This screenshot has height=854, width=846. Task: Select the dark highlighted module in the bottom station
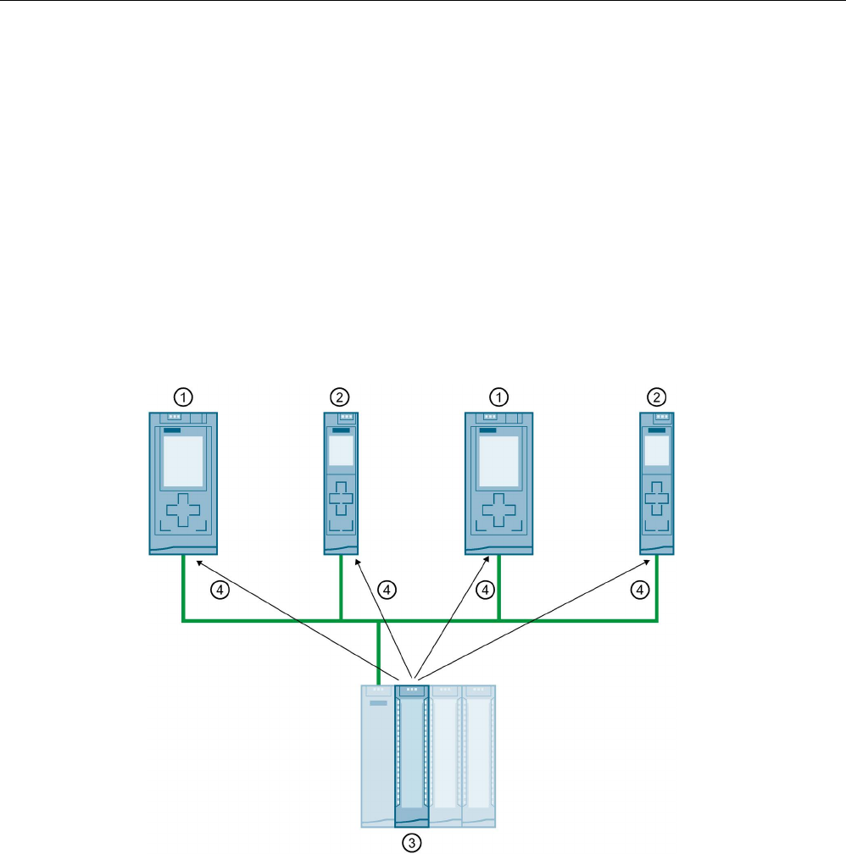(412, 754)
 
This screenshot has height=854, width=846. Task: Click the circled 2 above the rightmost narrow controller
(655, 396)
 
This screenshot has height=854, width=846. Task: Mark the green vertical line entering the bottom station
(379, 652)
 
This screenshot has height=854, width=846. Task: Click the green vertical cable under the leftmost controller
(184, 589)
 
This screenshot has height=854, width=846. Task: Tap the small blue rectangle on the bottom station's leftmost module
(378, 703)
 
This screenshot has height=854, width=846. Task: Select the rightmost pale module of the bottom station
(479, 754)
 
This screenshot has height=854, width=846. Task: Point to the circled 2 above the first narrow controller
(339, 396)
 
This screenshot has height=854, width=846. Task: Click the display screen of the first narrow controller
(341, 452)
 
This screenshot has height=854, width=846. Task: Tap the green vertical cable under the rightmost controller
(656, 589)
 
